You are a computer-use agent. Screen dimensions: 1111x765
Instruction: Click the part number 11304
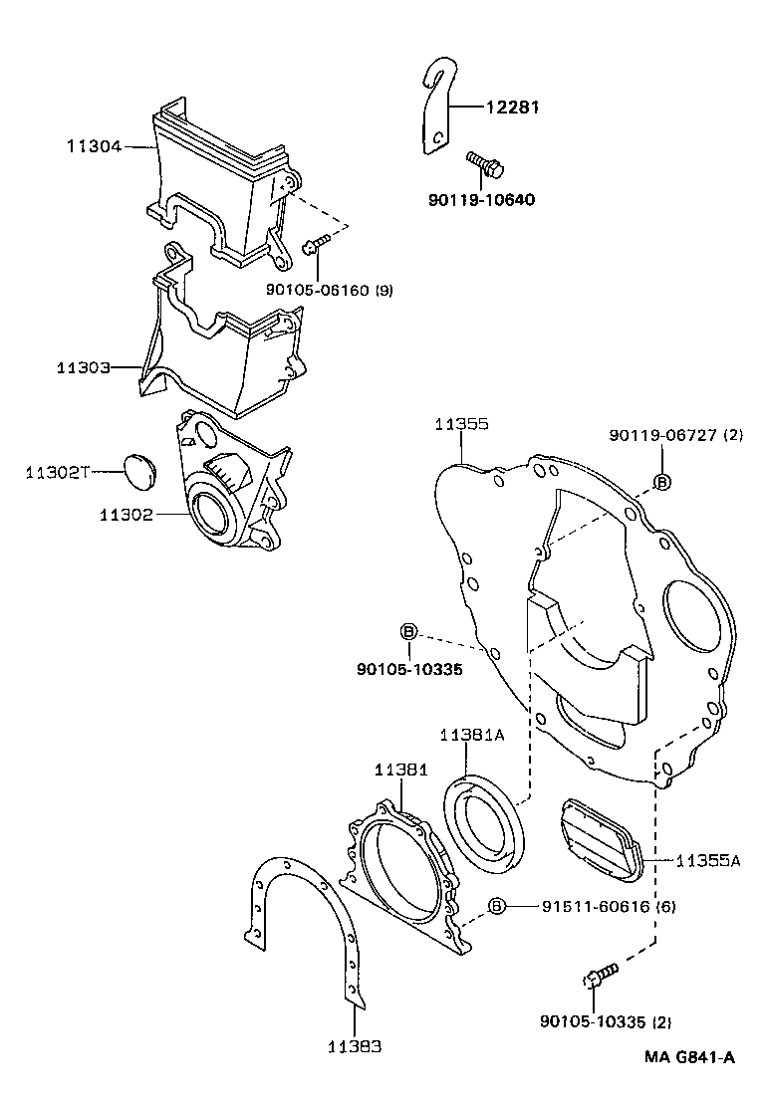point(94,146)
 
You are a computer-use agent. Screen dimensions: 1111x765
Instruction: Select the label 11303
point(83,367)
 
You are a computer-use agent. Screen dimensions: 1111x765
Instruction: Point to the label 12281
point(512,108)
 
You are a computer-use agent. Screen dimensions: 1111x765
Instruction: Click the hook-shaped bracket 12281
point(434,110)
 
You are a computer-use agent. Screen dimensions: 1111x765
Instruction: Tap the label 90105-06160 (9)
point(330,290)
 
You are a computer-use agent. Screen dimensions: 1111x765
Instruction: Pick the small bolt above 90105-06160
point(316,244)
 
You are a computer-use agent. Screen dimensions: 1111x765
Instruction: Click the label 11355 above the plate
point(460,424)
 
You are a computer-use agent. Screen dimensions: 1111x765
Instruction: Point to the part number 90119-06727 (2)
point(676,435)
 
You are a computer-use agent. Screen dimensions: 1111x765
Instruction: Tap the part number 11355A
point(707,858)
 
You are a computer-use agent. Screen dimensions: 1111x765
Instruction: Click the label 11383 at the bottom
point(355,1046)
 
